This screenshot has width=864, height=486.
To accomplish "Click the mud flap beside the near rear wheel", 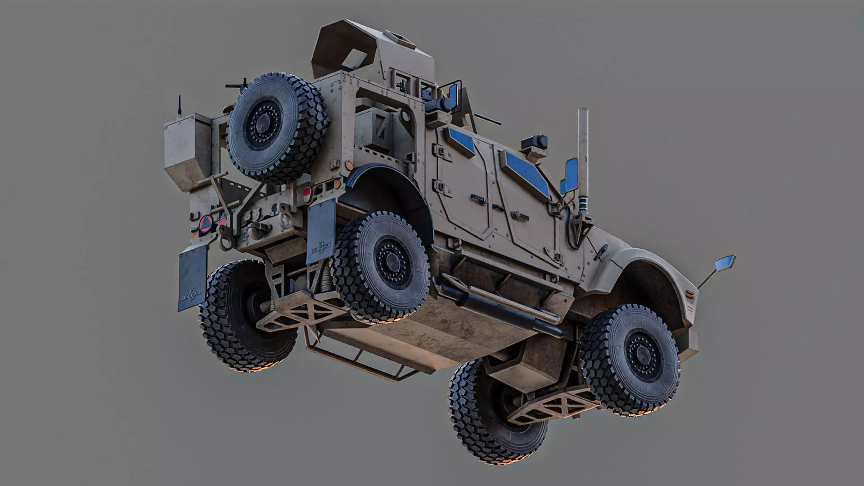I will coord(320,231).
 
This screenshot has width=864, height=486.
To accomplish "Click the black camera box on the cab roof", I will coord(534,142).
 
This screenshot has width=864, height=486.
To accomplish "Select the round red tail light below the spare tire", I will coord(307,192).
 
